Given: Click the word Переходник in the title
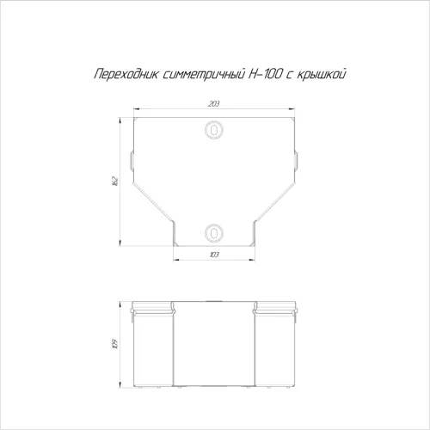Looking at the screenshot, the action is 126,74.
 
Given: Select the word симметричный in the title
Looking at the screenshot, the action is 204,75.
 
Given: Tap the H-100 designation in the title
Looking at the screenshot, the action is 265,74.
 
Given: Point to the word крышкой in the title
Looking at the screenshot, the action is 322,74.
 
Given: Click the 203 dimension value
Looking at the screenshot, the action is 214,104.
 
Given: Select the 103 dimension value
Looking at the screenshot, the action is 214,255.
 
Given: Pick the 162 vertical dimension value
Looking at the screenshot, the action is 115,181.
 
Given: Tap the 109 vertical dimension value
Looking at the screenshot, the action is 115,344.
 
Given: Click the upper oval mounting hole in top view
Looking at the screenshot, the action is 214,130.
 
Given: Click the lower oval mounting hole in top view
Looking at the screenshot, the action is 214,233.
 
